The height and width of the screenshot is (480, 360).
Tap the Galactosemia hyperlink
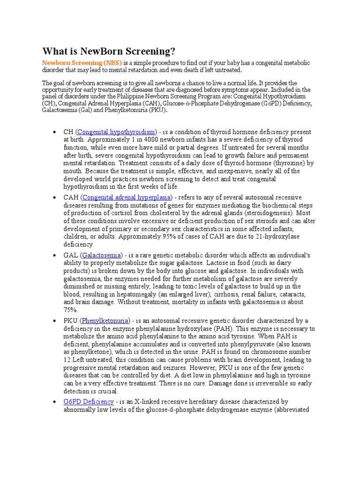[x=102, y=255]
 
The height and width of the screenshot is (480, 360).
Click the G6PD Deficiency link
[x=89, y=402]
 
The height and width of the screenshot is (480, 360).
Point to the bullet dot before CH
[x=55, y=132]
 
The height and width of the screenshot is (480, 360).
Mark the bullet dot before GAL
[x=55, y=255]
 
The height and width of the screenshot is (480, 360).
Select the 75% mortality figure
[x=71, y=310]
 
